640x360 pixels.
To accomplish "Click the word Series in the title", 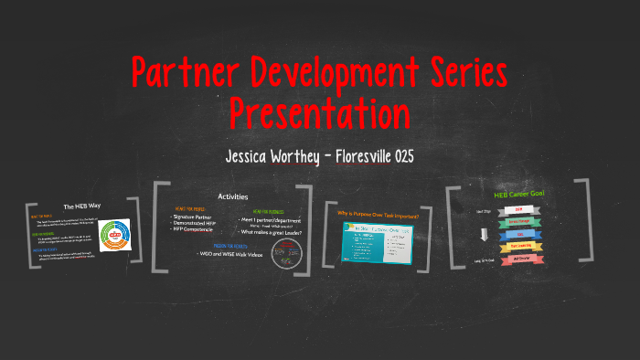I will [x=461, y=72].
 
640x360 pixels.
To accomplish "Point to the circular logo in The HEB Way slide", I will [x=116, y=240].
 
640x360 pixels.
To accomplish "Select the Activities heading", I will [x=232, y=197].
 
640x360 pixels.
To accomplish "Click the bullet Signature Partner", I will [x=195, y=217].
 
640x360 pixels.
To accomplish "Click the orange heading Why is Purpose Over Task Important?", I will [x=378, y=215].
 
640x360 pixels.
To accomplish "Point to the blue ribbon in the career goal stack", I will [x=518, y=233].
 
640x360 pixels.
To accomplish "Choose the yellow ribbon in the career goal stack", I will [x=518, y=246].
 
